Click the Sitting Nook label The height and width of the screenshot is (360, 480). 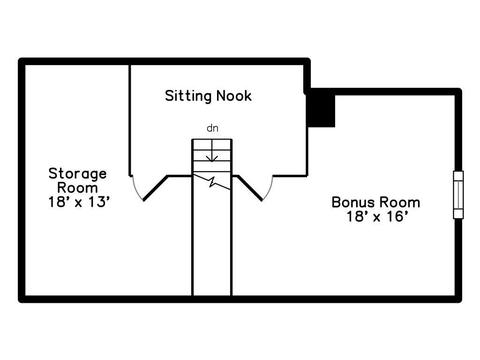tap(208, 96)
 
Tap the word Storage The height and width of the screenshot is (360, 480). tap(78, 174)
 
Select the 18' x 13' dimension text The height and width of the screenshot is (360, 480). tap(79, 202)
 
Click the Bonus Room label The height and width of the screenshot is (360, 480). tap(376, 202)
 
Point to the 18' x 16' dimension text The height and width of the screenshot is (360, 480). tap(377, 217)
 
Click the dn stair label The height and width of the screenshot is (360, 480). tap(213, 128)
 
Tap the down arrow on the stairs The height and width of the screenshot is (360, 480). tap(212, 151)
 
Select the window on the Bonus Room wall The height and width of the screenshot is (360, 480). tap(459, 195)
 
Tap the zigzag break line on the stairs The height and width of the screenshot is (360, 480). tap(212, 182)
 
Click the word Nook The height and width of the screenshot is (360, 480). tap(234, 96)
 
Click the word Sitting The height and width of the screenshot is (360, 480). tap(189, 96)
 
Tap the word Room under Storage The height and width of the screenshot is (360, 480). tap(78, 188)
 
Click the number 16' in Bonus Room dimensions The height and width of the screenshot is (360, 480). tap(397, 217)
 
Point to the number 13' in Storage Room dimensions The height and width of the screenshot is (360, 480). tap(99, 202)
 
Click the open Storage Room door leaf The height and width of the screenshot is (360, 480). tap(155, 188)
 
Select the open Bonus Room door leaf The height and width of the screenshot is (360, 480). tap(250, 188)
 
